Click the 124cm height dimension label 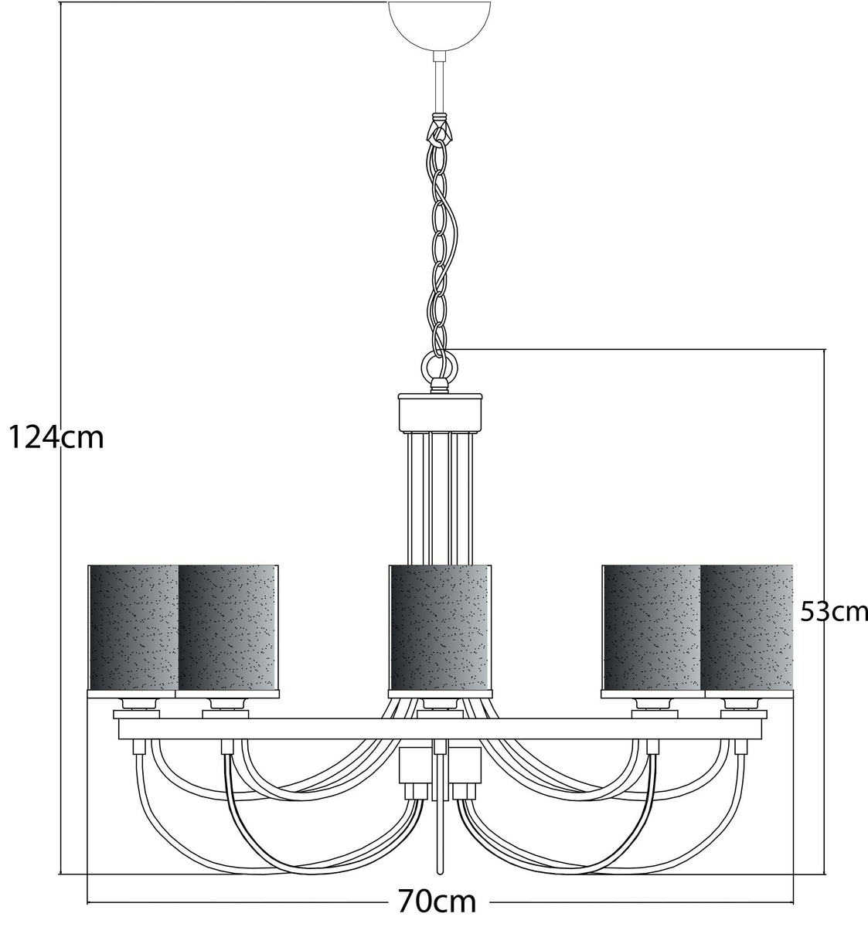(x=56, y=438)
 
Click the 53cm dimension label (x=834, y=611)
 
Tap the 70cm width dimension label (x=437, y=902)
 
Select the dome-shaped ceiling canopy (x=440, y=25)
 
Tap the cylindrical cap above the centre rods (x=440, y=413)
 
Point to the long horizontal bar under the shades (x=440, y=728)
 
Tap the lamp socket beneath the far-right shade (x=744, y=704)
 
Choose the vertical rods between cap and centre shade (x=440, y=498)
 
